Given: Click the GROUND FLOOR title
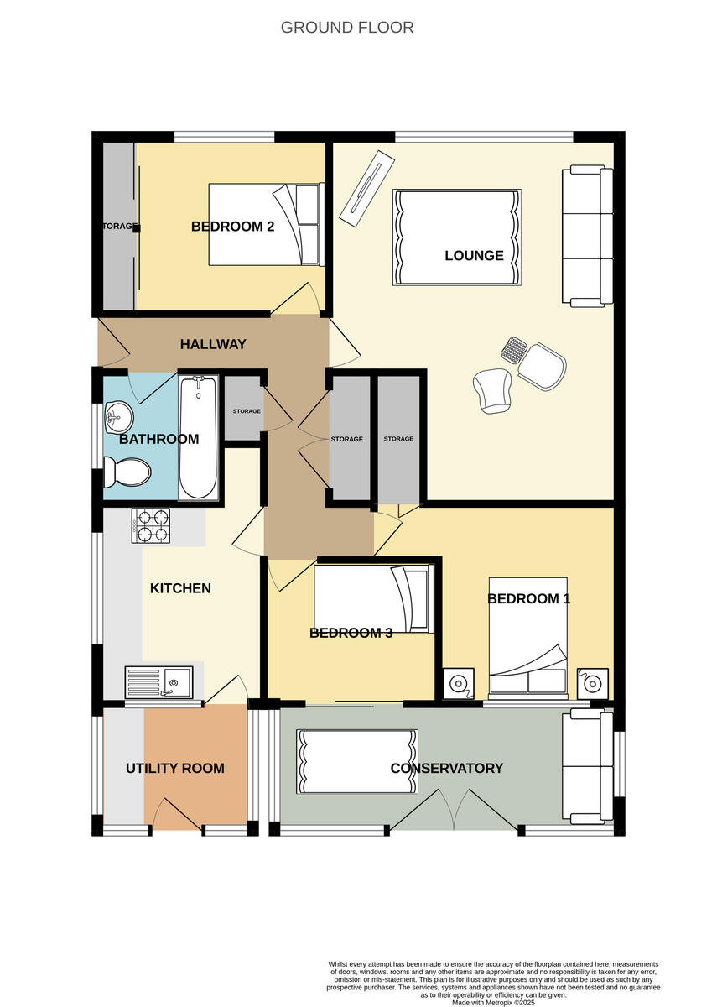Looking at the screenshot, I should (x=346, y=28).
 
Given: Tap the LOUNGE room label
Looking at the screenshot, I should (x=474, y=255).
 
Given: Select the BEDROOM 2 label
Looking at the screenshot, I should (x=232, y=227).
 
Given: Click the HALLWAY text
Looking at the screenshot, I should (x=213, y=344).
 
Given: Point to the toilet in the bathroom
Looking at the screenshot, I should (x=126, y=472).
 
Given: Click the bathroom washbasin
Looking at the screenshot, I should (x=118, y=415).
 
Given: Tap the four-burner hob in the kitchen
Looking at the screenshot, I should (x=151, y=525).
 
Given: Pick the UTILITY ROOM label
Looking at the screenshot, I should (x=175, y=768).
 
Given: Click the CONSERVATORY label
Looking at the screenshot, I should (x=446, y=768).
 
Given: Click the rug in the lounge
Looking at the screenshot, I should (x=456, y=237).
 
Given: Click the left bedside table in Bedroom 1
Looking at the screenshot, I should (x=458, y=683).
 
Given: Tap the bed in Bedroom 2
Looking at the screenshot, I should (x=265, y=224).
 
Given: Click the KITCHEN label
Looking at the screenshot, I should (x=180, y=588).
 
